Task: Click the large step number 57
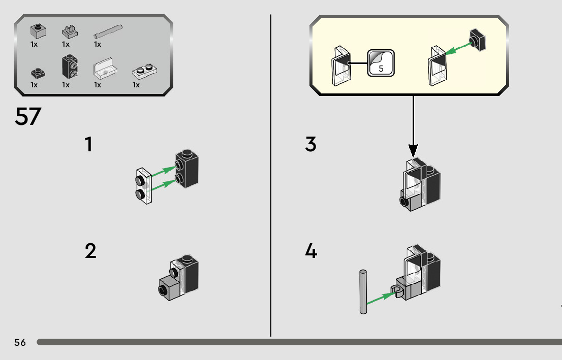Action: pos(28,116)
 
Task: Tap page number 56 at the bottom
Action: pos(20,342)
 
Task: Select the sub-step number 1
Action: pos(88,144)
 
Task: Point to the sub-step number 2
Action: pos(90,251)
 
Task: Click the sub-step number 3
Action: pos(311,144)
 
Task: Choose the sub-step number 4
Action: pos(311,251)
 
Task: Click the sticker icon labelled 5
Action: pos(381,63)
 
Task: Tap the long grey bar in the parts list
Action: pos(108,31)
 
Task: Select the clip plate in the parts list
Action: pos(70,31)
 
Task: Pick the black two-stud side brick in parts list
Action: pos(70,67)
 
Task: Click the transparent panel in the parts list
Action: pos(105,68)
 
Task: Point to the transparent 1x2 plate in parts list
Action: pos(144,72)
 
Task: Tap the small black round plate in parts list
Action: pos(38,74)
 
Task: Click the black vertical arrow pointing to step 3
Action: pos(413,126)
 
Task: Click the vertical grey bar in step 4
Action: pos(363,292)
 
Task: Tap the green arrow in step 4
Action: pos(381,298)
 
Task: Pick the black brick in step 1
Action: pos(186,169)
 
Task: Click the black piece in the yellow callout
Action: pos(478,40)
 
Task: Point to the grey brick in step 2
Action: pos(169,288)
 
